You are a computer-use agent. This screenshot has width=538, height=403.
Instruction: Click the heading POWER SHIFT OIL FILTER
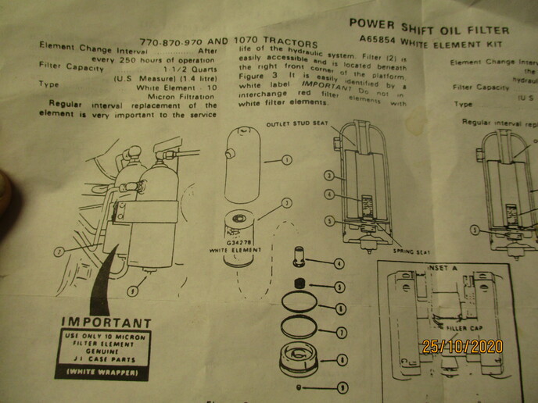pos(429,29)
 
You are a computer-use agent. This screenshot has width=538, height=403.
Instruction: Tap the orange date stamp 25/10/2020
pos(462,346)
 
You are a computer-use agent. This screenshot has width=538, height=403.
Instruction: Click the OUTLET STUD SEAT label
pos(295,124)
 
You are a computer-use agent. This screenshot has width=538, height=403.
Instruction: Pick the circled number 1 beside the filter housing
pos(287,160)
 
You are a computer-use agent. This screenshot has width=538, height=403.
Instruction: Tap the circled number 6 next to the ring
pos(341,309)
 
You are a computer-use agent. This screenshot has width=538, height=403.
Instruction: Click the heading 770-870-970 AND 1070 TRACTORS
pos(228,42)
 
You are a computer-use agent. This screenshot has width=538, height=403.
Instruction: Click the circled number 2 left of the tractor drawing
pos(58,251)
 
